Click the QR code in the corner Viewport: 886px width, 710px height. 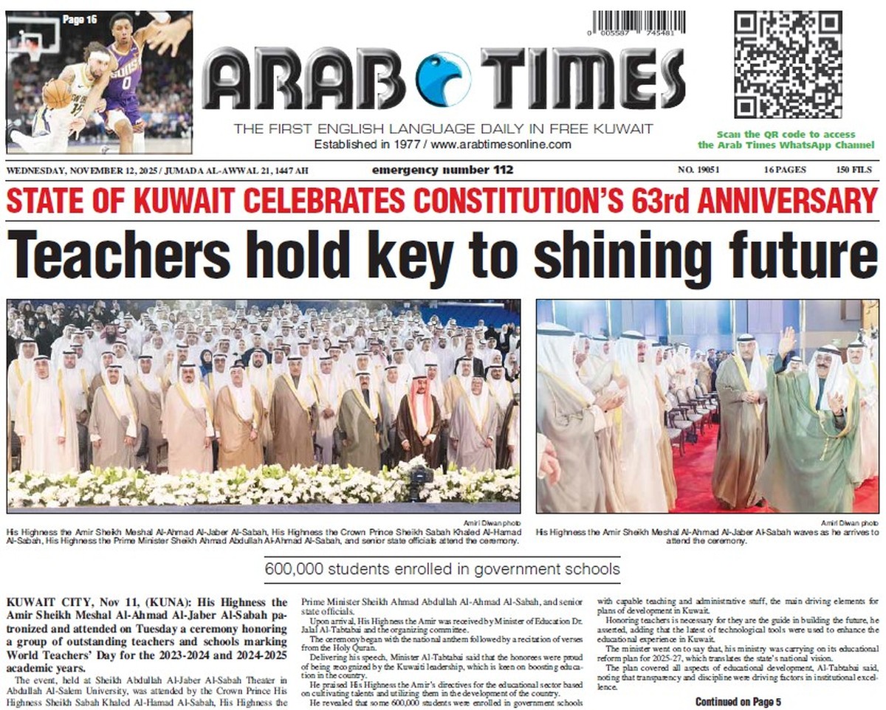click(788, 64)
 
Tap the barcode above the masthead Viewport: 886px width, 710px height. click(639, 22)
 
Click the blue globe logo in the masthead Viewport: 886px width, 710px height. click(443, 78)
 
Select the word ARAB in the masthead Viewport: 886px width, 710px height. click(303, 78)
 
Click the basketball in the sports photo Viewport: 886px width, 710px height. click(57, 93)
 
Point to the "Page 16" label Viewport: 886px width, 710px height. click(79, 20)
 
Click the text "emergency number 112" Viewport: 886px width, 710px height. click(442, 170)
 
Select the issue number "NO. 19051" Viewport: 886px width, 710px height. click(698, 170)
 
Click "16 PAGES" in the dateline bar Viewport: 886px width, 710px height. click(785, 170)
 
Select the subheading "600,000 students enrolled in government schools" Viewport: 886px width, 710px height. click(442, 569)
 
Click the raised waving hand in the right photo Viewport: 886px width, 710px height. click(788, 342)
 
